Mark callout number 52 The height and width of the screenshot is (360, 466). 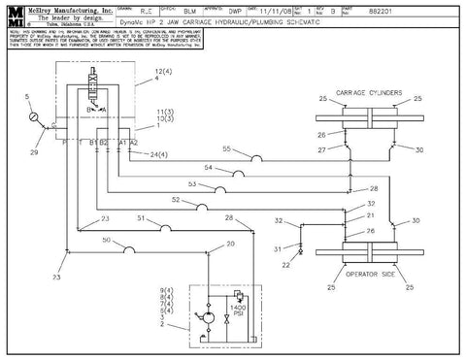coord(176,200)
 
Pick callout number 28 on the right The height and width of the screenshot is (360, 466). coord(375,187)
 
